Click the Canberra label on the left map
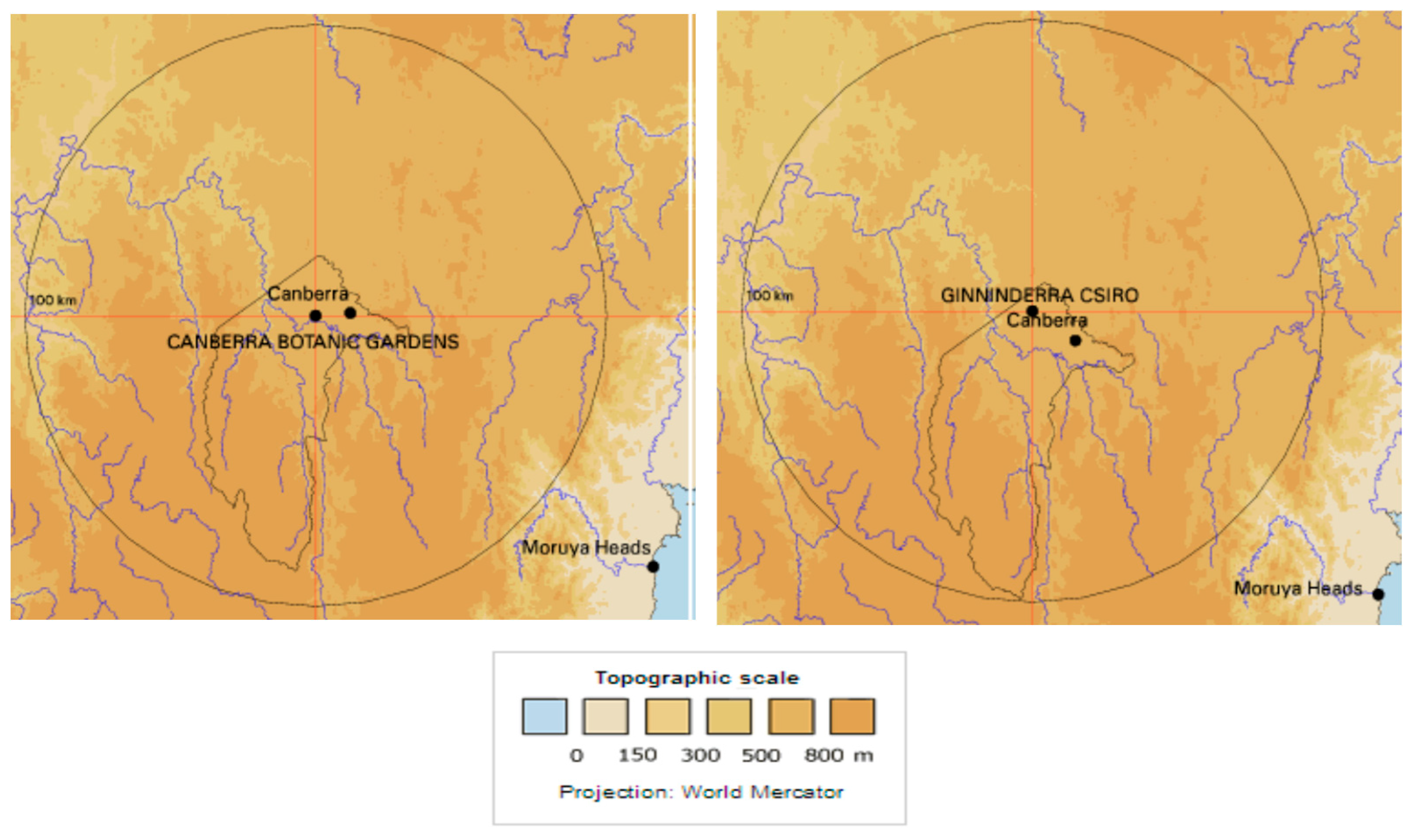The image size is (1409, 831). [308, 293]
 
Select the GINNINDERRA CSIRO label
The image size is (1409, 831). [1039, 295]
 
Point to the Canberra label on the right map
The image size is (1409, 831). [1047, 320]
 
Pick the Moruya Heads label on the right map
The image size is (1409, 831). [1298, 588]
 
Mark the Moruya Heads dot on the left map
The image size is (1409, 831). [653, 566]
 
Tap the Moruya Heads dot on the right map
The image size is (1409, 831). [1378, 594]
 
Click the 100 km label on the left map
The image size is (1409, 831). [53, 300]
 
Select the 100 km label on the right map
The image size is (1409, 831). [770, 295]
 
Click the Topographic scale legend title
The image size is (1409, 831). [697, 678]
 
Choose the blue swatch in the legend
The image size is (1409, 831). [544, 716]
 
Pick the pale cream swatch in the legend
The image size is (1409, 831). [605, 716]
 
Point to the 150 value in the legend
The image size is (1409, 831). [637, 756]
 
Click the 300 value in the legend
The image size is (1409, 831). [700, 756]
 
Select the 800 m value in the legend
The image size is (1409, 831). [838, 756]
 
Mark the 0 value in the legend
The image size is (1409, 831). [576, 756]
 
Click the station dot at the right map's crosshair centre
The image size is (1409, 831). [1032, 311]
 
